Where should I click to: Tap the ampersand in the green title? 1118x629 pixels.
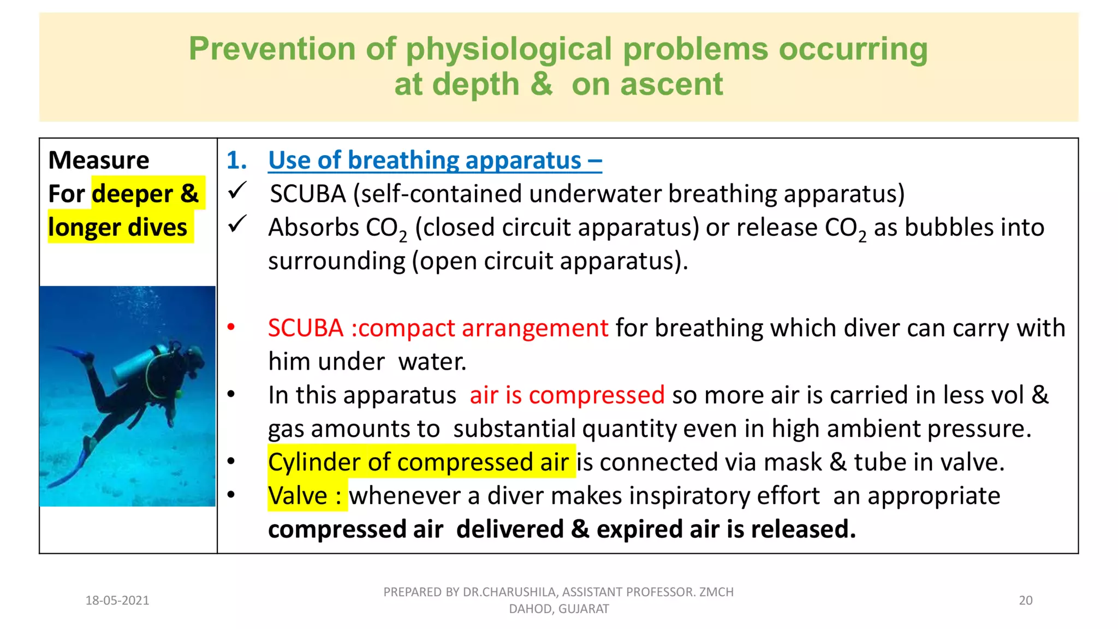(541, 84)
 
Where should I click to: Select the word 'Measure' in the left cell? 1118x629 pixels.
(99, 160)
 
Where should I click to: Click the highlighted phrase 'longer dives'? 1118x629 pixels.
(118, 227)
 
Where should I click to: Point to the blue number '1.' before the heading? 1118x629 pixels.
(236, 160)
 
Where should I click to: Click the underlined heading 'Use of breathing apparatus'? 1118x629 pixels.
(425, 160)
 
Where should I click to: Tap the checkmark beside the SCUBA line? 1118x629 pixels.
(237, 191)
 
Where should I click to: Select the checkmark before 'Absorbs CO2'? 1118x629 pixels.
(237, 224)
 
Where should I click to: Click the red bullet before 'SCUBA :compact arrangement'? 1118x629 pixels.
(231, 327)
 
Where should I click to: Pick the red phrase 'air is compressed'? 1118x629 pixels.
(567, 395)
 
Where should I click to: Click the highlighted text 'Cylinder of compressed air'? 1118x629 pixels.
(419, 462)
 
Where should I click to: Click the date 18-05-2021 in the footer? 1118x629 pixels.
(117, 601)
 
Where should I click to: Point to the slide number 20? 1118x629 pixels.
(1026, 601)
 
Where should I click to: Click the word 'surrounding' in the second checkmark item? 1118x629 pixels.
(337, 261)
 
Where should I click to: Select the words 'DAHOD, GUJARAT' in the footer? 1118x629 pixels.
(559, 609)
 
